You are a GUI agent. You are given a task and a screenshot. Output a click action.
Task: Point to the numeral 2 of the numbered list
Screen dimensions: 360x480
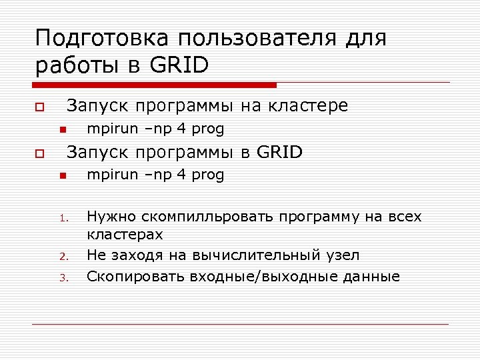tap(61, 257)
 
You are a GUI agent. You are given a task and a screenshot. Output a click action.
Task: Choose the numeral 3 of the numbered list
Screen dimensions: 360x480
tap(61, 277)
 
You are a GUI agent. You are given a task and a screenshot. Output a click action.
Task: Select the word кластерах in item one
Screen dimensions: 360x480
tap(125, 235)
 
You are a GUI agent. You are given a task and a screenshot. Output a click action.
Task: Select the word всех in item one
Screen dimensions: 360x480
tap(404, 217)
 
